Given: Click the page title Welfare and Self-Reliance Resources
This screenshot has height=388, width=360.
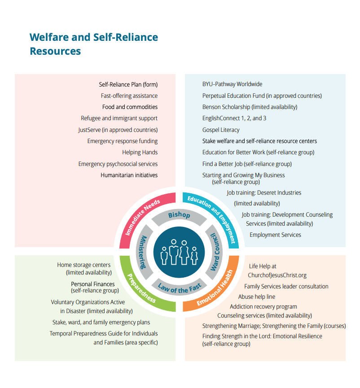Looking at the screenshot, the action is point(94,44).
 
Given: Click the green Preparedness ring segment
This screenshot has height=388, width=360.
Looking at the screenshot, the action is point(138,293).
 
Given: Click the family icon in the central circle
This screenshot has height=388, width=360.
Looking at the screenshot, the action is point(179,252).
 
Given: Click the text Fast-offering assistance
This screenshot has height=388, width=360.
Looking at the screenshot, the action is point(129,96).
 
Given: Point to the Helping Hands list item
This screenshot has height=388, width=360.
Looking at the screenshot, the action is point(140,153).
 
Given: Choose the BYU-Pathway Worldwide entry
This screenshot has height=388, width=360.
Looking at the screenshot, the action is point(232,84).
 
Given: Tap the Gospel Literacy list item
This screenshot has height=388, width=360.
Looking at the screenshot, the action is point(221,130).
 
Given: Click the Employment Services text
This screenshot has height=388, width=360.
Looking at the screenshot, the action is point(275,235).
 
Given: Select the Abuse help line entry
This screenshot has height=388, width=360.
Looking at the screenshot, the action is point(257,296).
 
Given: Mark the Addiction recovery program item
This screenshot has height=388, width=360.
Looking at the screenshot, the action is point(263,307).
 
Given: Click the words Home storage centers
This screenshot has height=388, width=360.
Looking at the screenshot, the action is point(83,265).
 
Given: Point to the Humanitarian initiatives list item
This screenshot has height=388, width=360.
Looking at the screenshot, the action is point(129,175).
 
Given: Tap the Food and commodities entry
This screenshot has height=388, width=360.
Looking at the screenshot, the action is point(130,107).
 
